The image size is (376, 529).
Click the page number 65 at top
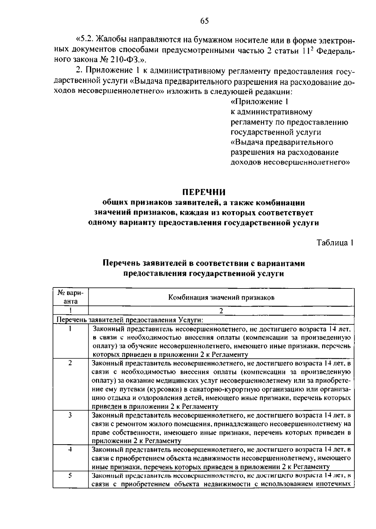coord(204,21)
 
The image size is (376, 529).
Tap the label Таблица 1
coord(335,243)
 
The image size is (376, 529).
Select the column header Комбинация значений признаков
coord(221,298)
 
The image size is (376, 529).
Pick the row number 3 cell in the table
coord(70,415)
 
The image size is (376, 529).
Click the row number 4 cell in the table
coord(70,450)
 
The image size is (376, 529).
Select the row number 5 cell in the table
coord(70,476)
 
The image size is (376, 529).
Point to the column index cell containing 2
coord(221,311)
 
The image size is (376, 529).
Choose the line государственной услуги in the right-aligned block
coord(276,132)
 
